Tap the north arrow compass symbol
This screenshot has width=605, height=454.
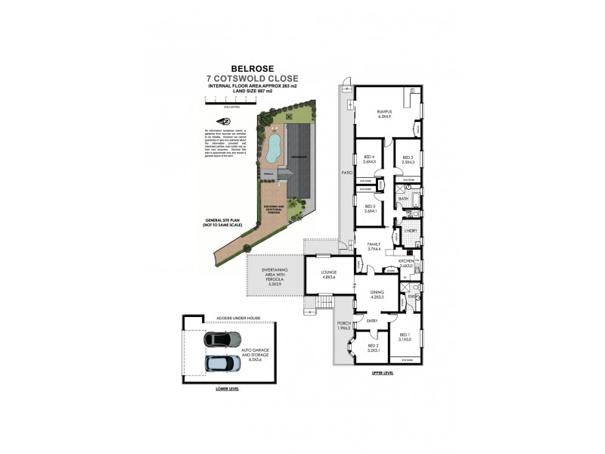pos(224,122)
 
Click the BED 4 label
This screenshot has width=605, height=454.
pos(369,157)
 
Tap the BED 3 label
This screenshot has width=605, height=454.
pos(408,157)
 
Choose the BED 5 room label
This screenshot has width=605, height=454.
pos(371,207)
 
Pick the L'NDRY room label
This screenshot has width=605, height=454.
pos(411,230)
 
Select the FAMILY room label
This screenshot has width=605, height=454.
pos(374,246)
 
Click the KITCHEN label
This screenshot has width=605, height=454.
pos(407,262)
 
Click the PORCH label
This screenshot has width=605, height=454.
pos(345,325)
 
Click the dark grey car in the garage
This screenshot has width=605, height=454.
pos(217,340)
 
